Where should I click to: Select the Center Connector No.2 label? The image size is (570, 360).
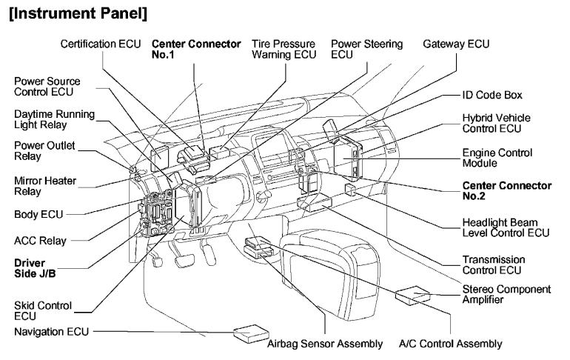pos(506,190)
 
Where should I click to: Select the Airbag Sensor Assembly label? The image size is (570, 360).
pos(325,344)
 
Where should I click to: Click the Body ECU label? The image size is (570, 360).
pos(37,214)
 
